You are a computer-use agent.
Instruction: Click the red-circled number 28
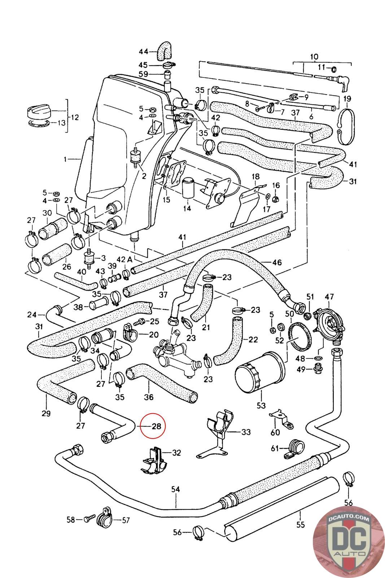[x=156, y=426]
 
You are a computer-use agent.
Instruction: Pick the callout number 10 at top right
[x=314, y=57]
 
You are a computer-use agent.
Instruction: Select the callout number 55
[x=301, y=525]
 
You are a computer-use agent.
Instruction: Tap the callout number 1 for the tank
[x=65, y=159]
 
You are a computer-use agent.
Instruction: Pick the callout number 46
[x=277, y=262]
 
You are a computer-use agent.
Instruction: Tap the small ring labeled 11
[x=334, y=69]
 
